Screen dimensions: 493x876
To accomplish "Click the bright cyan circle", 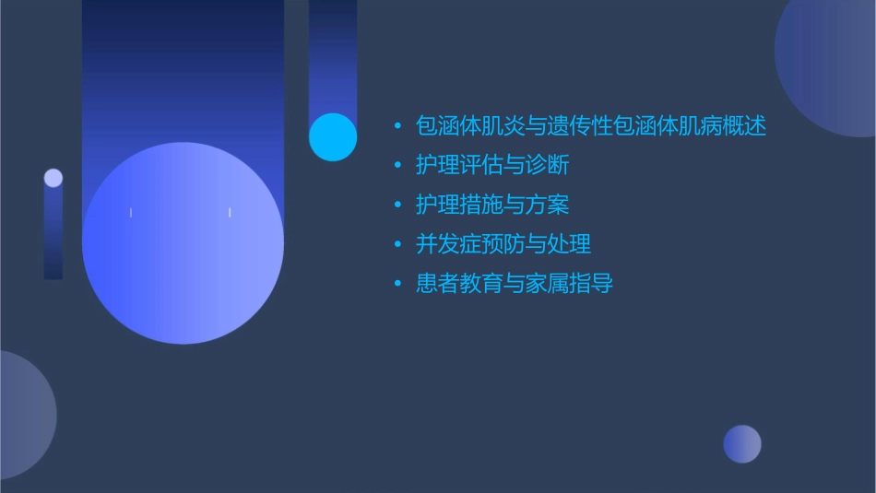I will click(333, 136).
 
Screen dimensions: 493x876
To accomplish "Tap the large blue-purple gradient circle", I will click(183, 242).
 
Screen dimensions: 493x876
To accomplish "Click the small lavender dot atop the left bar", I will click(53, 178).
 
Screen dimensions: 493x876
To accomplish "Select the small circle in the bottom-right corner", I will click(742, 444).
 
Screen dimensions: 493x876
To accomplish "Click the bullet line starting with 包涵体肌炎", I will click(591, 125).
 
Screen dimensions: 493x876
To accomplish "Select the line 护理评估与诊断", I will click(492, 165).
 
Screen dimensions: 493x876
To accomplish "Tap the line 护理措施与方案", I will click(492, 205).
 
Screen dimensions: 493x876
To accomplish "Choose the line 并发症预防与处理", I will click(503, 244).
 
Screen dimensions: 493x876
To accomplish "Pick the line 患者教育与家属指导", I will click(515, 284).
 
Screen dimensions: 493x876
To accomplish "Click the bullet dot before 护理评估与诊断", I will click(397, 166).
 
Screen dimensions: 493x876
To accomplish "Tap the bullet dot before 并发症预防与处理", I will click(397, 245).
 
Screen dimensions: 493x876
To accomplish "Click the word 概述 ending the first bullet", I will click(745, 125).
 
